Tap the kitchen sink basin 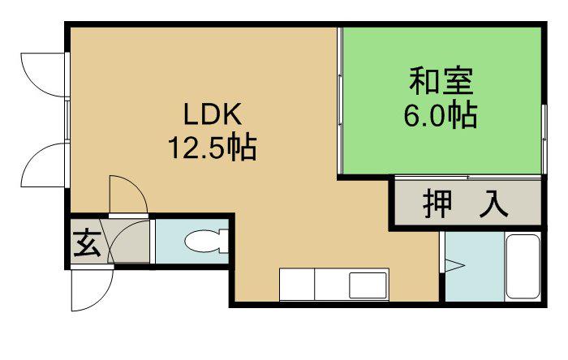tap(368, 285)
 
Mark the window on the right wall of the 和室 tap(541, 121)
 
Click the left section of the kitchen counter tap(296, 285)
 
